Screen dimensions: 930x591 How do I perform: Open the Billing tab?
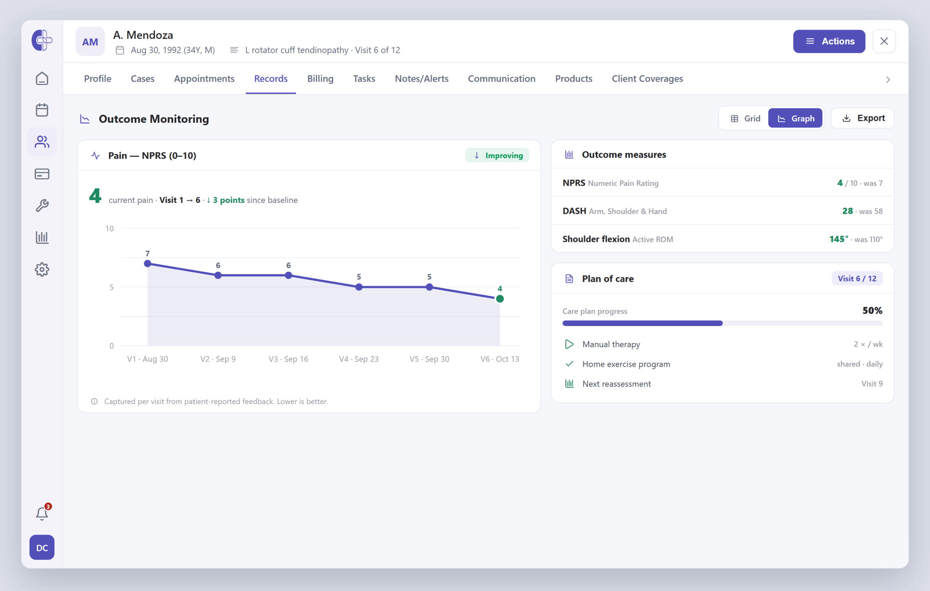[320, 79]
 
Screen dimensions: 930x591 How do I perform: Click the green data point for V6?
[500, 298]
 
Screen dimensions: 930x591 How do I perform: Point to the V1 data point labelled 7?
[147, 264]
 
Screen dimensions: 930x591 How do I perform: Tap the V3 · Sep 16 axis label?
[288, 359]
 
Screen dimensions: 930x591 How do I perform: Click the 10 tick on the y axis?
[110, 229]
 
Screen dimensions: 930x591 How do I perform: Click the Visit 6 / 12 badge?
[857, 278]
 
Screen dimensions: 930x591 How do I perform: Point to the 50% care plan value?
[873, 310]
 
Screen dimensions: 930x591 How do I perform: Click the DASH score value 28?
[847, 211]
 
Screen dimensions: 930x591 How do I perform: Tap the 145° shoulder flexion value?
[838, 239]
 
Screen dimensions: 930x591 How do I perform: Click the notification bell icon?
[42, 513]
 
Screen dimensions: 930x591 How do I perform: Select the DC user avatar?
[42, 547]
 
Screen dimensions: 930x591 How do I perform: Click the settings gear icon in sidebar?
[42, 269]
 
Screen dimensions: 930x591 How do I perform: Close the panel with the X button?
[883, 41]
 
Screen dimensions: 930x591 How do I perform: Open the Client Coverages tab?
[647, 79]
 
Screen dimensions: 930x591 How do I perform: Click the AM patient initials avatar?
[90, 42]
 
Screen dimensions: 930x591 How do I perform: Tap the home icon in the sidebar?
[42, 78]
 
